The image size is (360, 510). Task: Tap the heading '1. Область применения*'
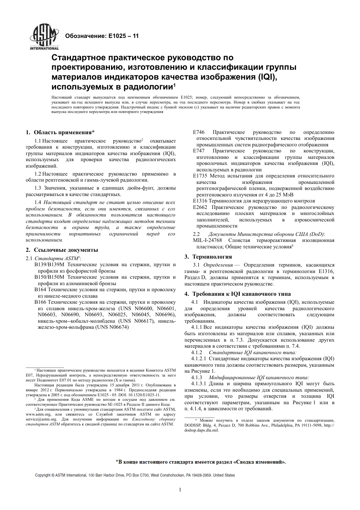pyautogui.click(x=60, y=132)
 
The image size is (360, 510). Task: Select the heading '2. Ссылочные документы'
pyautogui.click(x=62, y=250)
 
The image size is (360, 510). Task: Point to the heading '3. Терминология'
pyautogui.click(x=208, y=257)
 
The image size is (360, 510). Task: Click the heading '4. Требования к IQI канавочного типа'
pyautogui.click(x=238, y=294)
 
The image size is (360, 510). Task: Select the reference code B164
pyautogui.click(x=41, y=290)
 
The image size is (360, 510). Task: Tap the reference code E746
pyautogui.click(x=199, y=132)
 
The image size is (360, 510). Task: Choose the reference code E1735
pyautogui.click(x=200, y=176)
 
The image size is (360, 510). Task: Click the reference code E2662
pyautogui.click(x=200, y=207)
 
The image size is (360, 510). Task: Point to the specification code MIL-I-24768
pyautogui.click(x=208, y=240)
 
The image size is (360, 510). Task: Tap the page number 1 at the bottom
pyautogui.click(x=180, y=490)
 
